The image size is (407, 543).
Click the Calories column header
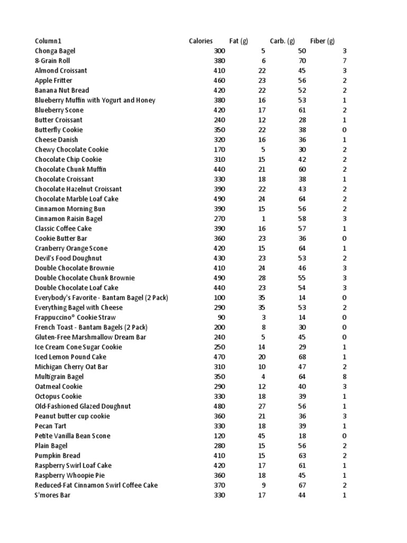point(201,41)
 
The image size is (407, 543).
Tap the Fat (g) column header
point(238,41)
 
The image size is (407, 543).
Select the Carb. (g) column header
point(282,41)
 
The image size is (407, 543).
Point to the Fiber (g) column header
point(323,41)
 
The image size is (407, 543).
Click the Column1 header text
point(48,41)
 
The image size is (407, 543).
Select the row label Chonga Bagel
point(55,51)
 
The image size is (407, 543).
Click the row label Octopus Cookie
point(58,396)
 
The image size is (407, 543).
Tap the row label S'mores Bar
point(52,495)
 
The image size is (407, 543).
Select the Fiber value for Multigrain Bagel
point(344,376)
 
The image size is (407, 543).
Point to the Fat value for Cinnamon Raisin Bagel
point(263,218)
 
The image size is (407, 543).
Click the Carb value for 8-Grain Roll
point(303,61)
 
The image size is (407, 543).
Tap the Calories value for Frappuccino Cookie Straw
point(221,317)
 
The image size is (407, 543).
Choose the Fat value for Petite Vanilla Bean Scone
point(261,436)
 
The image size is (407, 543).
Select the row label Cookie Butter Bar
point(61,239)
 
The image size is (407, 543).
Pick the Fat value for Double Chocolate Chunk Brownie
point(261,278)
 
